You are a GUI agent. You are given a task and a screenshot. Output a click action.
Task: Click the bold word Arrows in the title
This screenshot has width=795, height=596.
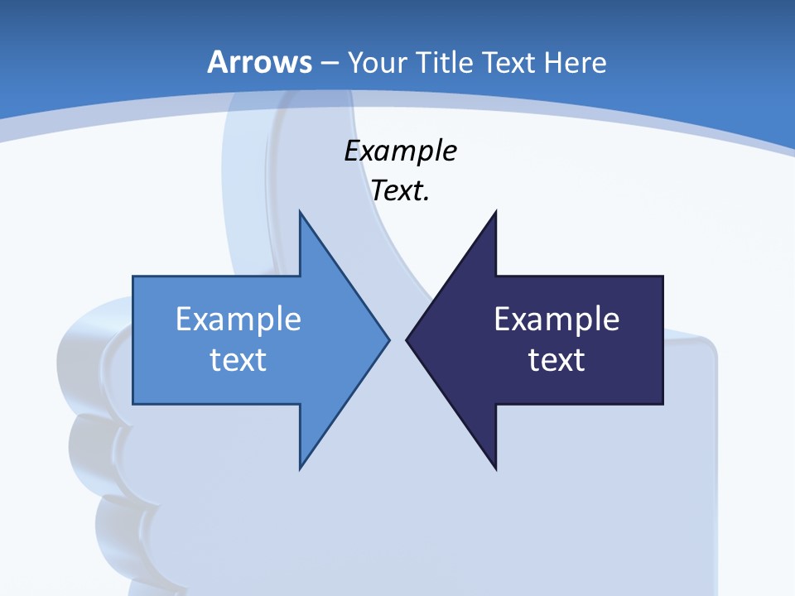tap(259, 62)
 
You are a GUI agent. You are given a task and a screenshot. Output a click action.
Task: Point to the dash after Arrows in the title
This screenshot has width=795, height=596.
tap(329, 64)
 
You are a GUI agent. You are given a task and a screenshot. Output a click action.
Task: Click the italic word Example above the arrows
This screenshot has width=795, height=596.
tap(401, 151)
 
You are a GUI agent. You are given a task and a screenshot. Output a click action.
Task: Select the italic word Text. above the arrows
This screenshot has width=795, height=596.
tap(401, 191)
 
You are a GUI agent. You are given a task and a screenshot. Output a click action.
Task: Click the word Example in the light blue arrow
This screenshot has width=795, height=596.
tap(238, 320)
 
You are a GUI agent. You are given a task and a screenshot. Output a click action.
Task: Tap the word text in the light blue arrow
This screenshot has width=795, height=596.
tap(238, 360)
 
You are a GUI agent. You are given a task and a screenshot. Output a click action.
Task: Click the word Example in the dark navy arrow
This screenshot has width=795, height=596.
tap(556, 320)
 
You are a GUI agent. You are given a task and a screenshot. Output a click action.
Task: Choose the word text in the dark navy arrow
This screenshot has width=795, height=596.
tap(556, 360)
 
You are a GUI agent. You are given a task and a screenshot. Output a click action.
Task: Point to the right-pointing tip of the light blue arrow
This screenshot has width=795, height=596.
tap(389, 339)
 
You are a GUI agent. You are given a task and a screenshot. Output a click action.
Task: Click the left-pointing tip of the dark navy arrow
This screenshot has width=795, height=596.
tap(407, 339)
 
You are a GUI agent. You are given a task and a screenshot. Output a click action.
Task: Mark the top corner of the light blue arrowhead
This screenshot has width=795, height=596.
tap(300, 211)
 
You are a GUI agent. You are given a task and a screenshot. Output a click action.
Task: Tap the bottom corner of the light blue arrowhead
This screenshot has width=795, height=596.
tap(300, 469)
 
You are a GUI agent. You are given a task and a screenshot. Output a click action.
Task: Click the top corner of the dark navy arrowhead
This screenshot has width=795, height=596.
tap(496, 211)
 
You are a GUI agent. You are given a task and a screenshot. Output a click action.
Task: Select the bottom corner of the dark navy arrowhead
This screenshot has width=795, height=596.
tap(496, 469)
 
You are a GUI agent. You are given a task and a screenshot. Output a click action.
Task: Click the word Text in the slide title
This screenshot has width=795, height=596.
tap(508, 62)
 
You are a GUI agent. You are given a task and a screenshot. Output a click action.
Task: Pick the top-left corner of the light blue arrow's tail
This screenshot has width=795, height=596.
tap(134, 276)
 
